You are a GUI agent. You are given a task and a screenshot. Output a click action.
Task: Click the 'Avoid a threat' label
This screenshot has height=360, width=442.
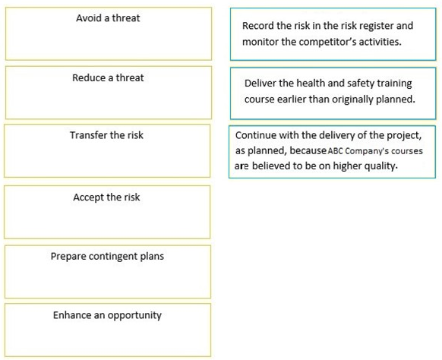pyautogui.click(x=108, y=18)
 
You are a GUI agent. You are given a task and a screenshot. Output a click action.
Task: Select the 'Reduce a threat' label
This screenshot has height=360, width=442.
pyautogui.click(x=108, y=77)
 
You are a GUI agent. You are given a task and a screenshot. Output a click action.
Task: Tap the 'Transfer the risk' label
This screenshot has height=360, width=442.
pyautogui.click(x=106, y=135)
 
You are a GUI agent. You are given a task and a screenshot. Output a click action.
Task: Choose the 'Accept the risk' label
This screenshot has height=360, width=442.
pyautogui.click(x=106, y=197)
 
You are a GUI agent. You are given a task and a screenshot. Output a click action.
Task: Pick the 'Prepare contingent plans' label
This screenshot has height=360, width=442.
pyautogui.click(x=107, y=256)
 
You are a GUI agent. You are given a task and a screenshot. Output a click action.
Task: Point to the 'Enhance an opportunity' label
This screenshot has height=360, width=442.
pyautogui.click(x=107, y=315)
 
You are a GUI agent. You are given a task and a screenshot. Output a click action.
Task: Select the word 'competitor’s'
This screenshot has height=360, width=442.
pyautogui.click(x=327, y=42)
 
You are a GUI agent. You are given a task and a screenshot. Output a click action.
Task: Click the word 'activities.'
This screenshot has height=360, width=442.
pyautogui.click(x=380, y=42)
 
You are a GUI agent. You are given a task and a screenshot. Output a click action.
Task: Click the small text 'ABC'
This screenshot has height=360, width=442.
pyautogui.click(x=335, y=151)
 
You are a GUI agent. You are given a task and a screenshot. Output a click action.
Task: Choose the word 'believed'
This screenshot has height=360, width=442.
pyautogui.click(x=271, y=166)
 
